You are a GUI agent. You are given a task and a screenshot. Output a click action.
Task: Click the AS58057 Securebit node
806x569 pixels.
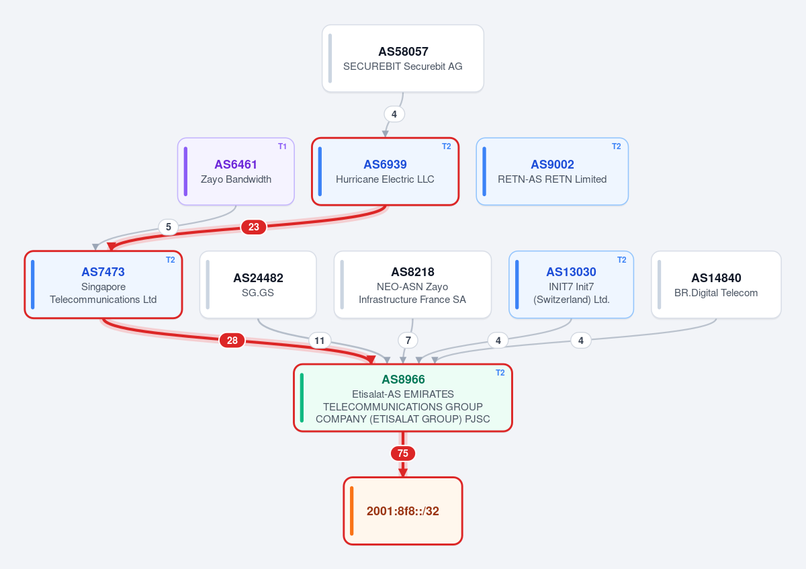(402, 58)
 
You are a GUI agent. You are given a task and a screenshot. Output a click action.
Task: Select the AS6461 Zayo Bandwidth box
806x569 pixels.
(236, 171)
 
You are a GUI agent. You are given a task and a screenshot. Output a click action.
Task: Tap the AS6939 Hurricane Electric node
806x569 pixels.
(385, 171)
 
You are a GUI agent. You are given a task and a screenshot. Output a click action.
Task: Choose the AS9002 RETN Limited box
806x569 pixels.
(552, 171)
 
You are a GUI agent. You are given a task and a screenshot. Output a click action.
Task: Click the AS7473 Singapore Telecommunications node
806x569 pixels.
(103, 285)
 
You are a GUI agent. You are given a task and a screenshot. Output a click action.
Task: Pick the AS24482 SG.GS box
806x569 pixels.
(258, 285)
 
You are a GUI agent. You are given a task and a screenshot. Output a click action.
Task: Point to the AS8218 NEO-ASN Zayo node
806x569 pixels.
(412, 285)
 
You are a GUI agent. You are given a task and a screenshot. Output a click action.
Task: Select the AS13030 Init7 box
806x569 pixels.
(572, 285)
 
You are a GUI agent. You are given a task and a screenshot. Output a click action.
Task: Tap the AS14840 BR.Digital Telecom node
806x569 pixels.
(716, 285)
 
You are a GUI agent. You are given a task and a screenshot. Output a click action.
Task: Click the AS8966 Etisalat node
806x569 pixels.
(403, 398)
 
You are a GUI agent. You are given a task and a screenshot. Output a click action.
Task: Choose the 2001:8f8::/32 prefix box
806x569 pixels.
(403, 511)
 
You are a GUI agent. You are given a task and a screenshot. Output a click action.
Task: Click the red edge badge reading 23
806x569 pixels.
(254, 227)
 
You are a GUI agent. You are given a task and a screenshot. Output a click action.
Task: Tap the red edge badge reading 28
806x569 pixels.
(232, 341)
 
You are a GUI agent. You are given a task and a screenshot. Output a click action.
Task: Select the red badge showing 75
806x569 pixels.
(403, 453)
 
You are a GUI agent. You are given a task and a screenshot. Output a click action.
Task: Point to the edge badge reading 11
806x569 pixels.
(320, 341)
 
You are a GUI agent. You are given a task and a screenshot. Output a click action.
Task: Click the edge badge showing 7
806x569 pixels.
(408, 341)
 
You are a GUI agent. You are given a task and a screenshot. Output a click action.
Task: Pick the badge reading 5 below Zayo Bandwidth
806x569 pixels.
(169, 227)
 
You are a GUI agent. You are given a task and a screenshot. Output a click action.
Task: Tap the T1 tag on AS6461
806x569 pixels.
(282, 146)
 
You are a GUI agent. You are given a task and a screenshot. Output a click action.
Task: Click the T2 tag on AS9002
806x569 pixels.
(617, 146)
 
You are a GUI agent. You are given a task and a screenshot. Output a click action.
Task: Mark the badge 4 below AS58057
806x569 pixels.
(394, 114)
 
